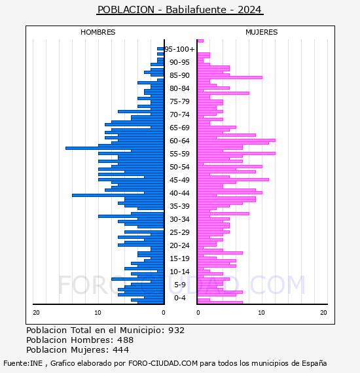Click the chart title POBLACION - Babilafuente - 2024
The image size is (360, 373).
tap(180, 10)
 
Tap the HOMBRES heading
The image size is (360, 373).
tap(98, 32)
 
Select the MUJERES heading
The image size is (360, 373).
tap(262, 32)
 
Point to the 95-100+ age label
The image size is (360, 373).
tap(179, 49)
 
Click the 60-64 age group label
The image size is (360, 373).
tap(179, 141)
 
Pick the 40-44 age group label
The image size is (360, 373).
tap(179, 193)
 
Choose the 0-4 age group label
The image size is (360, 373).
tap(179, 298)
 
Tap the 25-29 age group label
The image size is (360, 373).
tap(179, 232)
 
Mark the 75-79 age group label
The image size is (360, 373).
tap(179, 101)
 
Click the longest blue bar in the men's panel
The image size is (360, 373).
tap(115, 148)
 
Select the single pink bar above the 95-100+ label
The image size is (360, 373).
tap(200, 41)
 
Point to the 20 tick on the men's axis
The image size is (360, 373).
tap(36, 313)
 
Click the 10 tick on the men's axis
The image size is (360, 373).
tap(98, 313)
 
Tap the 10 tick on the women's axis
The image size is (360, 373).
tap(261, 313)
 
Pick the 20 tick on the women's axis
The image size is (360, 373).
tap(323, 313)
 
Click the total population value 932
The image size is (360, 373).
tap(176, 330)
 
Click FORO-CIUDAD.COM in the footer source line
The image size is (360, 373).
tap(163, 363)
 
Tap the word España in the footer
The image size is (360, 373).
tap(314, 363)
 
